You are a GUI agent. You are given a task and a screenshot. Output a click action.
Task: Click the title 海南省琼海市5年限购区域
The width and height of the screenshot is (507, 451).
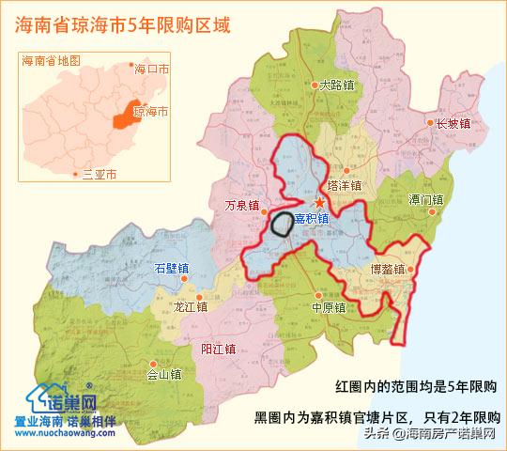[123, 22]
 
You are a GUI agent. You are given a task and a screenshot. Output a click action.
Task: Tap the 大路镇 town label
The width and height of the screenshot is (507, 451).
[336, 85]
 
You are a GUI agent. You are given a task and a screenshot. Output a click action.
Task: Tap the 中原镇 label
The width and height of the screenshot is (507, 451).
[329, 306]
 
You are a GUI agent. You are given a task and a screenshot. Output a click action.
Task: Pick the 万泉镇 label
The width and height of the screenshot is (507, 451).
[242, 205]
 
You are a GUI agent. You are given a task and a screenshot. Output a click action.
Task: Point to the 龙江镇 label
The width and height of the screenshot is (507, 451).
[192, 306]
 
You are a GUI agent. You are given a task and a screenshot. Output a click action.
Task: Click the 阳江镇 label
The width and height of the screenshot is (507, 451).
[218, 350]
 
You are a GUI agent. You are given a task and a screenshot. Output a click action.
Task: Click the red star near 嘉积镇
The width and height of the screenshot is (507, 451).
[319, 202]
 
